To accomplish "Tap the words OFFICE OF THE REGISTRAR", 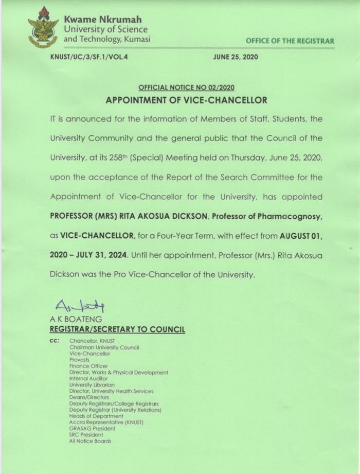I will coord(290,41).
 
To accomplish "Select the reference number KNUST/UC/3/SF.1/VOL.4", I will coord(88,57).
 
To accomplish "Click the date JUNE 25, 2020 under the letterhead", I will coord(236,57).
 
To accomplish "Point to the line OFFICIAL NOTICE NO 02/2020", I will coord(186,88).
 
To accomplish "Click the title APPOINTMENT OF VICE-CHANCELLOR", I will coord(186,100).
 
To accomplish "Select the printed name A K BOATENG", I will coord(76,319).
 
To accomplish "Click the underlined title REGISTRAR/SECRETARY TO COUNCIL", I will coord(117,329).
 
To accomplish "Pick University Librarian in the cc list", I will coord(92,384).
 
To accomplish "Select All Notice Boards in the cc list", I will coord(90,441).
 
